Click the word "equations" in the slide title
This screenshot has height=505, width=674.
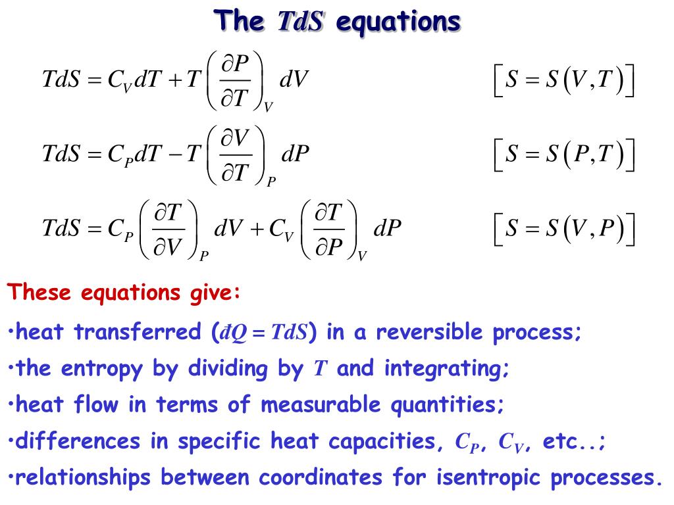click(398, 22)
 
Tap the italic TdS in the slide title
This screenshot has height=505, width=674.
click(299, 22)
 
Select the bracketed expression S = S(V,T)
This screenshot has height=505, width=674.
click(563, 81)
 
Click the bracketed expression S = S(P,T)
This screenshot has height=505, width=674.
click(563, 155)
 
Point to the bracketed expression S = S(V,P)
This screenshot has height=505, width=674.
click(563, 228)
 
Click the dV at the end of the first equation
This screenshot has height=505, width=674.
click(294, 80)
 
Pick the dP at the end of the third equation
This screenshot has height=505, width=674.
click(387, 228)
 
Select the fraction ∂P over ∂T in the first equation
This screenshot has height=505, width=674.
click(235, 80)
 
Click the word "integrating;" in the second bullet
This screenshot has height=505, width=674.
click(447, 368)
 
